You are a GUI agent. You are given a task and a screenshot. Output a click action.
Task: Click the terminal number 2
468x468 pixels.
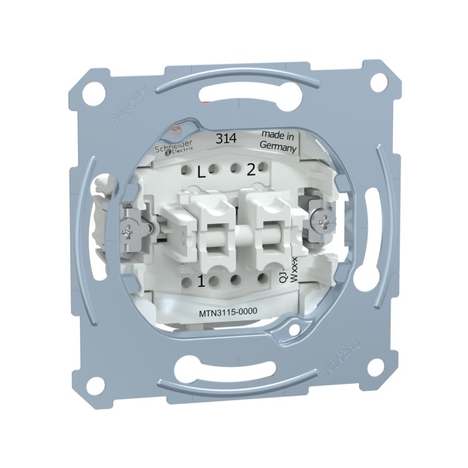pos(251,170)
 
